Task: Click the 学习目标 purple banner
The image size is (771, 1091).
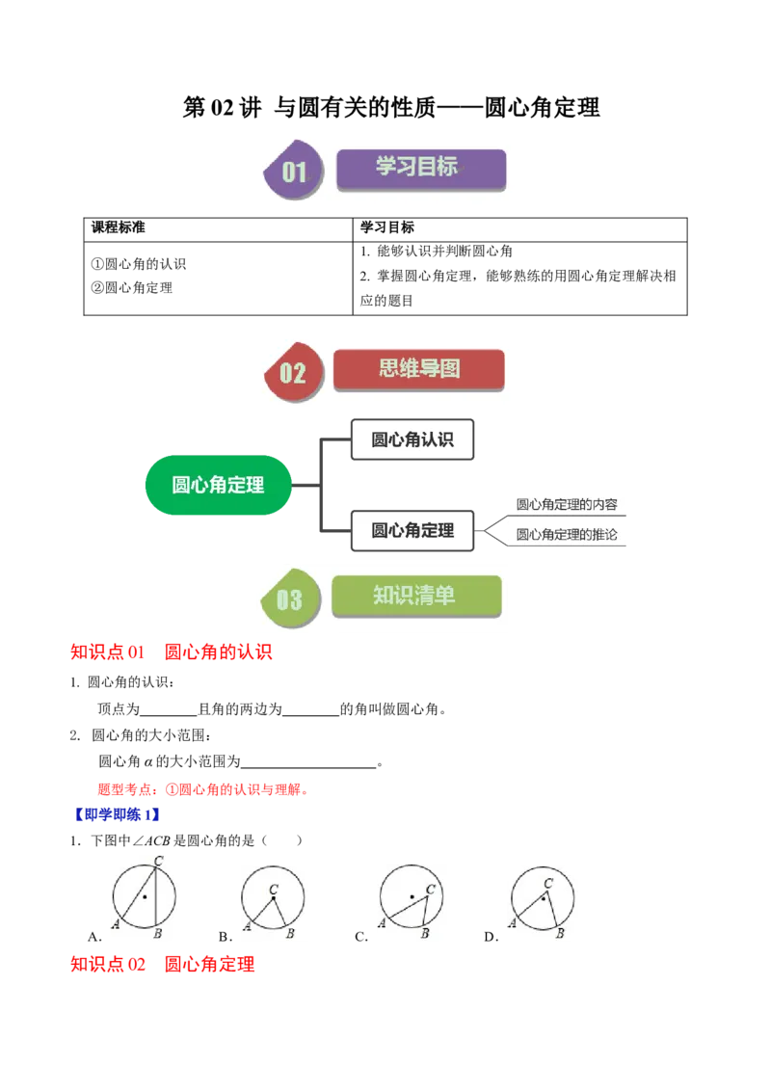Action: (420, 168)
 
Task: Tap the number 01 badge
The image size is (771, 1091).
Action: (294, 172)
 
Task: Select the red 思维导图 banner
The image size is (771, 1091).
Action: (418, 369)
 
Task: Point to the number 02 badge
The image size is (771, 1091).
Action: (292, 373)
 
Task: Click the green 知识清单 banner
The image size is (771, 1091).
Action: (416, 597)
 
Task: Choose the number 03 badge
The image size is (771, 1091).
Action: (289, 600)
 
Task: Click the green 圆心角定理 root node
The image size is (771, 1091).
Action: (218, 485)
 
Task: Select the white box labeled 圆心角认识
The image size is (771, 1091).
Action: (412, 440)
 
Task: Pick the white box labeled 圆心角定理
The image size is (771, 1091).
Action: (412, 530)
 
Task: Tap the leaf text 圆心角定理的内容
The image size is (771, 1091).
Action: (567, 504)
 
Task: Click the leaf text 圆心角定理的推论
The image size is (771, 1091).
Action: (567, 534)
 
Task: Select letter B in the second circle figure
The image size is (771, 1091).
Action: (290, 933)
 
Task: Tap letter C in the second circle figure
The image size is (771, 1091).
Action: (275, 890)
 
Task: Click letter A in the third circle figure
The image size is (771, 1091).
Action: (381, 923)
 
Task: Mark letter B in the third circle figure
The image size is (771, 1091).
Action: (425, 933)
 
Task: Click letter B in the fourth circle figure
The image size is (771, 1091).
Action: (559, 933)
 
